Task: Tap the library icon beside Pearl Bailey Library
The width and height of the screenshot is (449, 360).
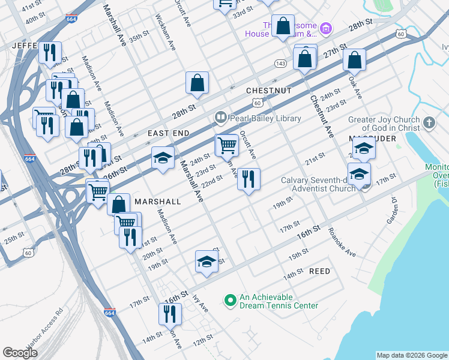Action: [220, 118]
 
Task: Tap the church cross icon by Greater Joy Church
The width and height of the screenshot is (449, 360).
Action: [429, 123]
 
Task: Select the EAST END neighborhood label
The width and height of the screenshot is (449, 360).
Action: [168, 133]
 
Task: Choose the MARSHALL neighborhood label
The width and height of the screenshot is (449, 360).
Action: [158, 202]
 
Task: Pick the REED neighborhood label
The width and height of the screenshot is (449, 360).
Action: [319, 271]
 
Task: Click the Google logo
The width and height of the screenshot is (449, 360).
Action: [20, 353]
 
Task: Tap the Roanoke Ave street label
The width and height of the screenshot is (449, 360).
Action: [342, 242]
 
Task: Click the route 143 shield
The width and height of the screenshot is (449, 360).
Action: [280, 63]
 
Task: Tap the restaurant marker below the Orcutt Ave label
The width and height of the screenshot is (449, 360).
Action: [249, 178]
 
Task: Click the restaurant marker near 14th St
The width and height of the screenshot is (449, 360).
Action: [170, 313]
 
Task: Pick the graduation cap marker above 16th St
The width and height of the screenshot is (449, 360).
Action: [206, 260]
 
